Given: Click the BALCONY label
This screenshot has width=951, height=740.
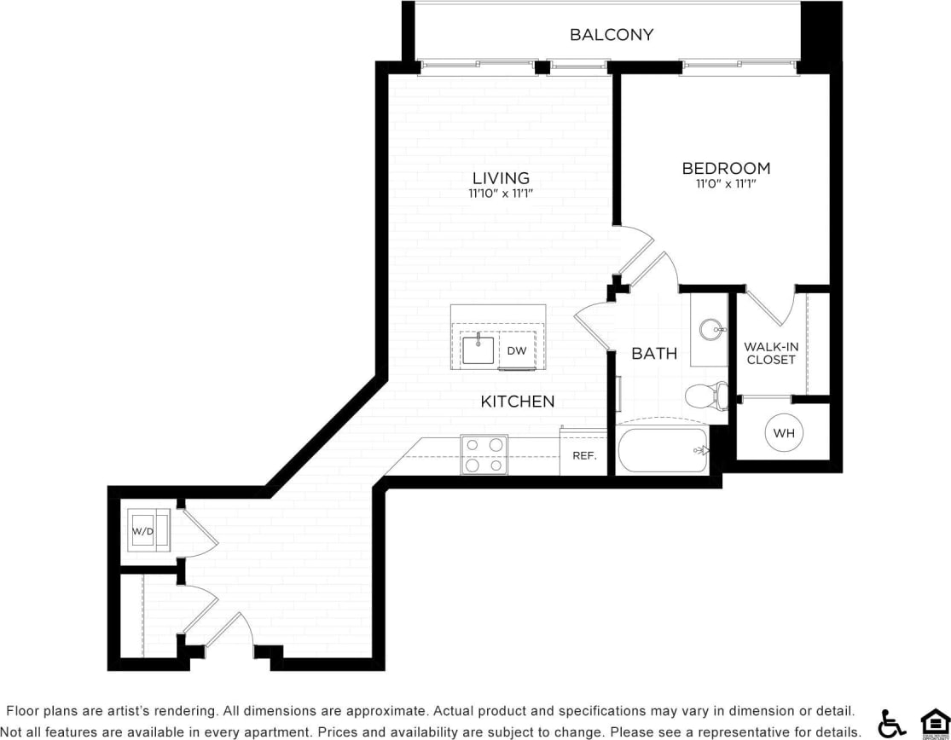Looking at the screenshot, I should (611, 35).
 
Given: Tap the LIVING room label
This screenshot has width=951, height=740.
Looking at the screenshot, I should (501, 178).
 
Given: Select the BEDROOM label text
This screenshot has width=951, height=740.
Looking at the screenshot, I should (726, 169).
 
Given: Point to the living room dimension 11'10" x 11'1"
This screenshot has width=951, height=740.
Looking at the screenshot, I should (501, 194).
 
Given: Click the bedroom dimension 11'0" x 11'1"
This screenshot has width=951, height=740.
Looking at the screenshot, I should (726, 183).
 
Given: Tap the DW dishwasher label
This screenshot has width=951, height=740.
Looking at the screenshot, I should (516, 350).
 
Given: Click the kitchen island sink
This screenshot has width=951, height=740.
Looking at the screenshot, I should (478, 349).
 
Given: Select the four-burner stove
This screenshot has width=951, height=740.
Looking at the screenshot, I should (484, 454).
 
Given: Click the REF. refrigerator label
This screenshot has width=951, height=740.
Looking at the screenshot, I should (583, 456).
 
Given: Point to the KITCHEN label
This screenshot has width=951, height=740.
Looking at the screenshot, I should (518, 402).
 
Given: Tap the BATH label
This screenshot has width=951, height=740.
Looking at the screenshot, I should (654, 353).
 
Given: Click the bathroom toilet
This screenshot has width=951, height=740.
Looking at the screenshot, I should (705, 395).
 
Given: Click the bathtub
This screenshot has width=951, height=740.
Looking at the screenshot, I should (663, 450).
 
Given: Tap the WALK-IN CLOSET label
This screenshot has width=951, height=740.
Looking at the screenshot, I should (771, 353).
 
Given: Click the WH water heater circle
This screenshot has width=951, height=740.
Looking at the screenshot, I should (784, 433).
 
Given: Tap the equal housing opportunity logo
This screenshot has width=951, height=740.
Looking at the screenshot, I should (935, 722).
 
